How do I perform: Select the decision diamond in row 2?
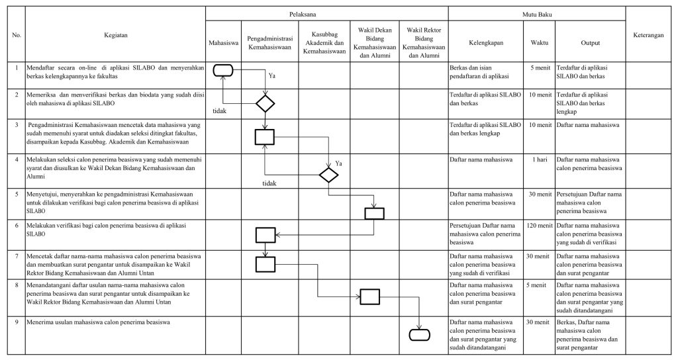265,103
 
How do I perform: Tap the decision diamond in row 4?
328,175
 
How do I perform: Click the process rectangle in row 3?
265,136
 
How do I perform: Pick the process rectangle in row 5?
374,212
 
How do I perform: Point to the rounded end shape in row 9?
420,334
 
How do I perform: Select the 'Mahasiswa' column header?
222,42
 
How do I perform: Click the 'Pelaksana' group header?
326,13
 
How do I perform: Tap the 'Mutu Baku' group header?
536,13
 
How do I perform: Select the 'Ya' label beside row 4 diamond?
340,163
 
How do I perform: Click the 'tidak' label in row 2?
220,111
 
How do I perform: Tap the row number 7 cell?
17,255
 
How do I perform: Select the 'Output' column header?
590,42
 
